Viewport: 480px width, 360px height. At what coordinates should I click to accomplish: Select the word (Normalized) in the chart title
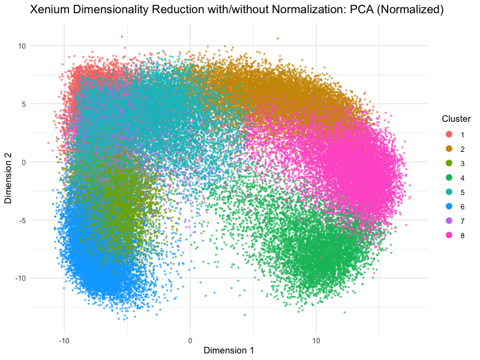pos(409,11)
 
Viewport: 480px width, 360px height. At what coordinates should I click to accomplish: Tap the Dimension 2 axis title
pos(8,170)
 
